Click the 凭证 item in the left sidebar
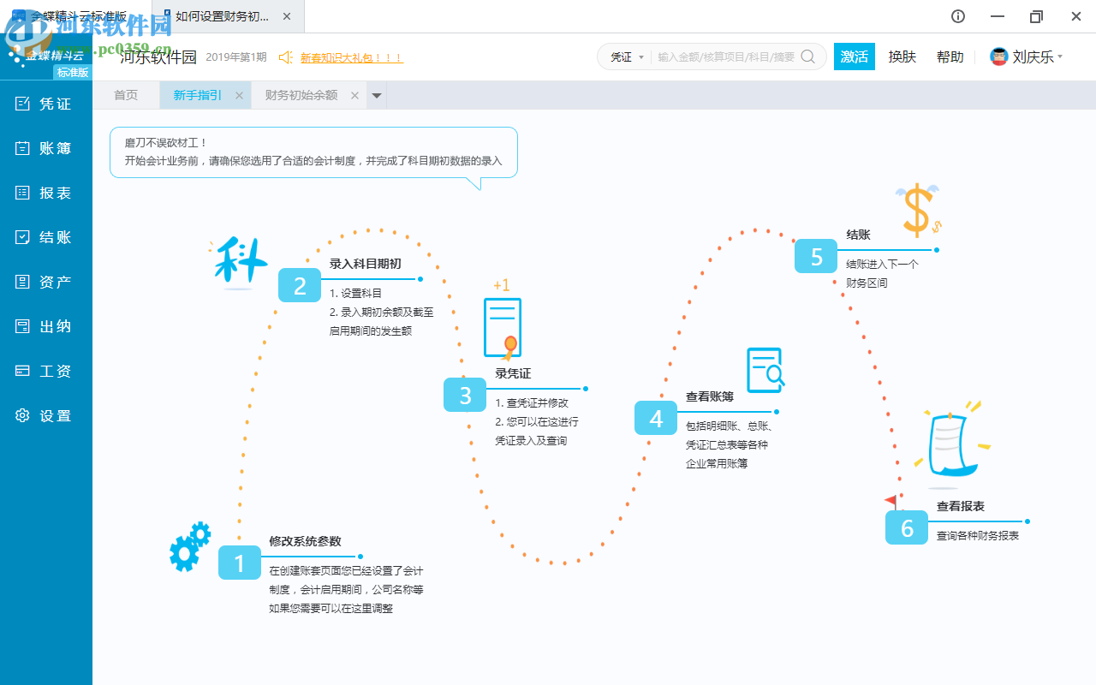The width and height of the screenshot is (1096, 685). [45, 104]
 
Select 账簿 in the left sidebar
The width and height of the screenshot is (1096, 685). [45, 148]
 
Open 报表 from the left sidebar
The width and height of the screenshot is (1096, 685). [45, 193]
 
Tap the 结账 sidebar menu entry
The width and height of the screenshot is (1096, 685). [45, 237]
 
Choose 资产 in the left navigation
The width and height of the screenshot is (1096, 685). [45, 282]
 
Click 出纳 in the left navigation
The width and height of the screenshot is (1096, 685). [45, 326]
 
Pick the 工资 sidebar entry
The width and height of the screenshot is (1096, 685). [45, 371]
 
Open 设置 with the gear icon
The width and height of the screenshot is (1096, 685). [45, 415]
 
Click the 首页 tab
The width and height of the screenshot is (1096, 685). [126, 95]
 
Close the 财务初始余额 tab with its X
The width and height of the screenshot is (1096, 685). [354, 96]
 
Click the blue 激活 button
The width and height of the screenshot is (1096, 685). [855, 57]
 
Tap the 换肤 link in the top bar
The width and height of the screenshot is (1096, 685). [902, 57]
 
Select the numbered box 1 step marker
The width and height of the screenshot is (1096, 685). [240, 563]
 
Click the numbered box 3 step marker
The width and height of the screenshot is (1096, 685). [465, 395]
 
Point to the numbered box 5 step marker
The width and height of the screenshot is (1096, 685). [816, 256]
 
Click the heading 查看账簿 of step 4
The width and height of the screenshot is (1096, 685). [710, 396]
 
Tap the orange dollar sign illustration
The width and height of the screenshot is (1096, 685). [918, 210]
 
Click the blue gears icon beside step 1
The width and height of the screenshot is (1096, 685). [189, 546]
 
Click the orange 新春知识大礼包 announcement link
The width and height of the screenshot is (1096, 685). [351, 57]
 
